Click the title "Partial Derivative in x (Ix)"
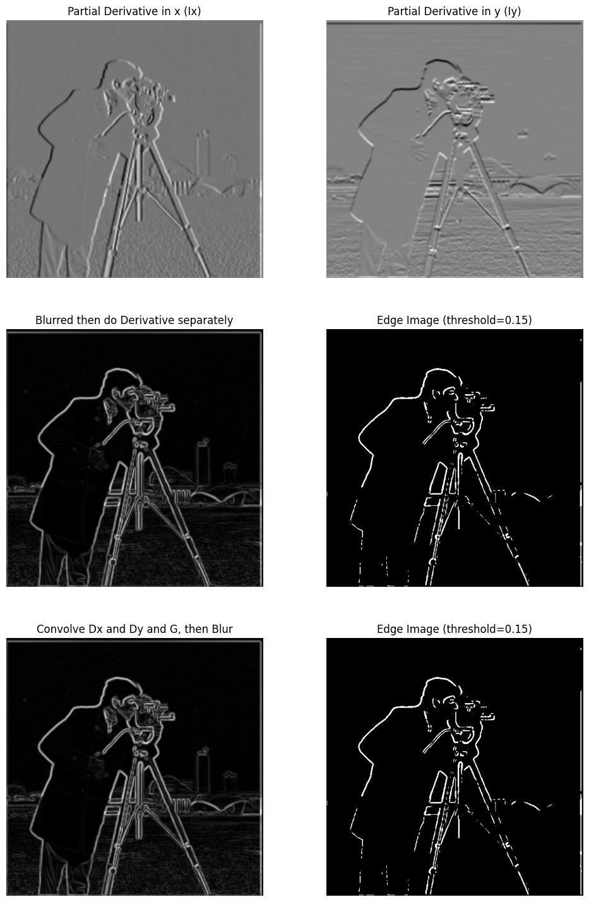tap(134, 11)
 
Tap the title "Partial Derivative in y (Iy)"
tap(455, 11)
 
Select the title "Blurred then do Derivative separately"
tap(134, 320)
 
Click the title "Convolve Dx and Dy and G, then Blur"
tap(134, 629)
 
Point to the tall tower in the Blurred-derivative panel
tap(203, 463)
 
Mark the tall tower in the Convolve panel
tap(203, 772)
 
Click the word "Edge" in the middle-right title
tap(388, 320)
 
